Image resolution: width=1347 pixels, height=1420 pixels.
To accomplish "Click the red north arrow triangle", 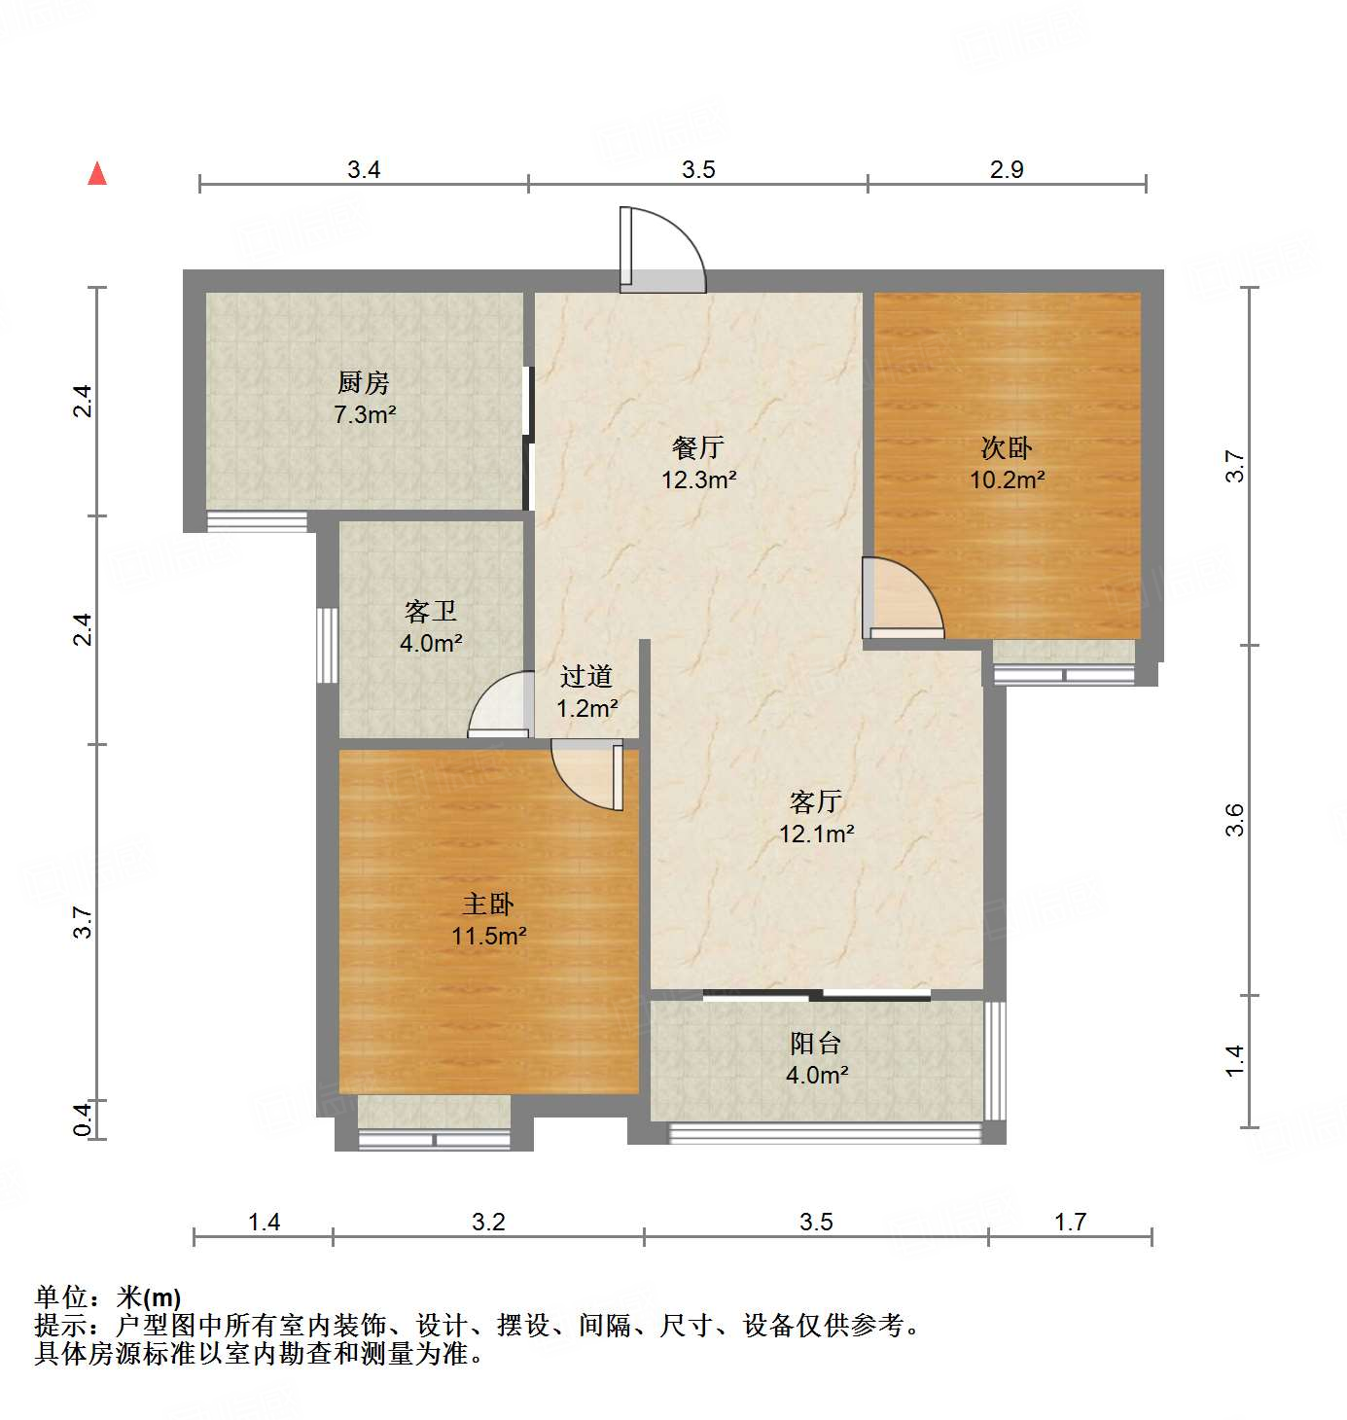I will point(97,174).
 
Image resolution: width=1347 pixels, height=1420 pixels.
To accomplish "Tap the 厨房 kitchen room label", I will point(364,382).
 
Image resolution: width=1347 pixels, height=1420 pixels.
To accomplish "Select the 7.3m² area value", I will point(365,415).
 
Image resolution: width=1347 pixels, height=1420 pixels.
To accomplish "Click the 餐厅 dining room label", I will point(698,447).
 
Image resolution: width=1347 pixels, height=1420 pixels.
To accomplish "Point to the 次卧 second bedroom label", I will point(1007,447).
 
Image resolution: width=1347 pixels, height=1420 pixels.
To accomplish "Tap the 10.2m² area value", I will point(1007,479).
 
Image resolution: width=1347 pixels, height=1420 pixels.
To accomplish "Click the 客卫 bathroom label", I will point(431,611).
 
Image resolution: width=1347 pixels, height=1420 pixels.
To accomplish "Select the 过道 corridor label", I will point(586,676).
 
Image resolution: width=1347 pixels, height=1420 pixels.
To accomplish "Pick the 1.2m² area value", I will point(586,708).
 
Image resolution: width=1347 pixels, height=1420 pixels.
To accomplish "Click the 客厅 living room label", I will point(816,801).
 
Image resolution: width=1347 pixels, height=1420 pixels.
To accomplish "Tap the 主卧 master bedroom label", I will point(488,904).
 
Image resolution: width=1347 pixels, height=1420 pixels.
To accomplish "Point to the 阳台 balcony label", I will point(816,1044).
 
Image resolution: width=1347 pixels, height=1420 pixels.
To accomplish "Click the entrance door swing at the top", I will point(664,250).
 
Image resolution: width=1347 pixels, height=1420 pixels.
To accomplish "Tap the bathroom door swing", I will point(502,705).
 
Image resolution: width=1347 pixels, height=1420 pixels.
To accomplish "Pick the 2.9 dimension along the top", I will point(1007,170).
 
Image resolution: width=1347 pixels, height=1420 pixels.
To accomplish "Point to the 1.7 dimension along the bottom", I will point(1070,1222).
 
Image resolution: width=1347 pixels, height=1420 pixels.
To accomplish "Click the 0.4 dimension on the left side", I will point(84,1118).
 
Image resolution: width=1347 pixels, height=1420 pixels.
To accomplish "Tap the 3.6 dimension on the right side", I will point(1234,820).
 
